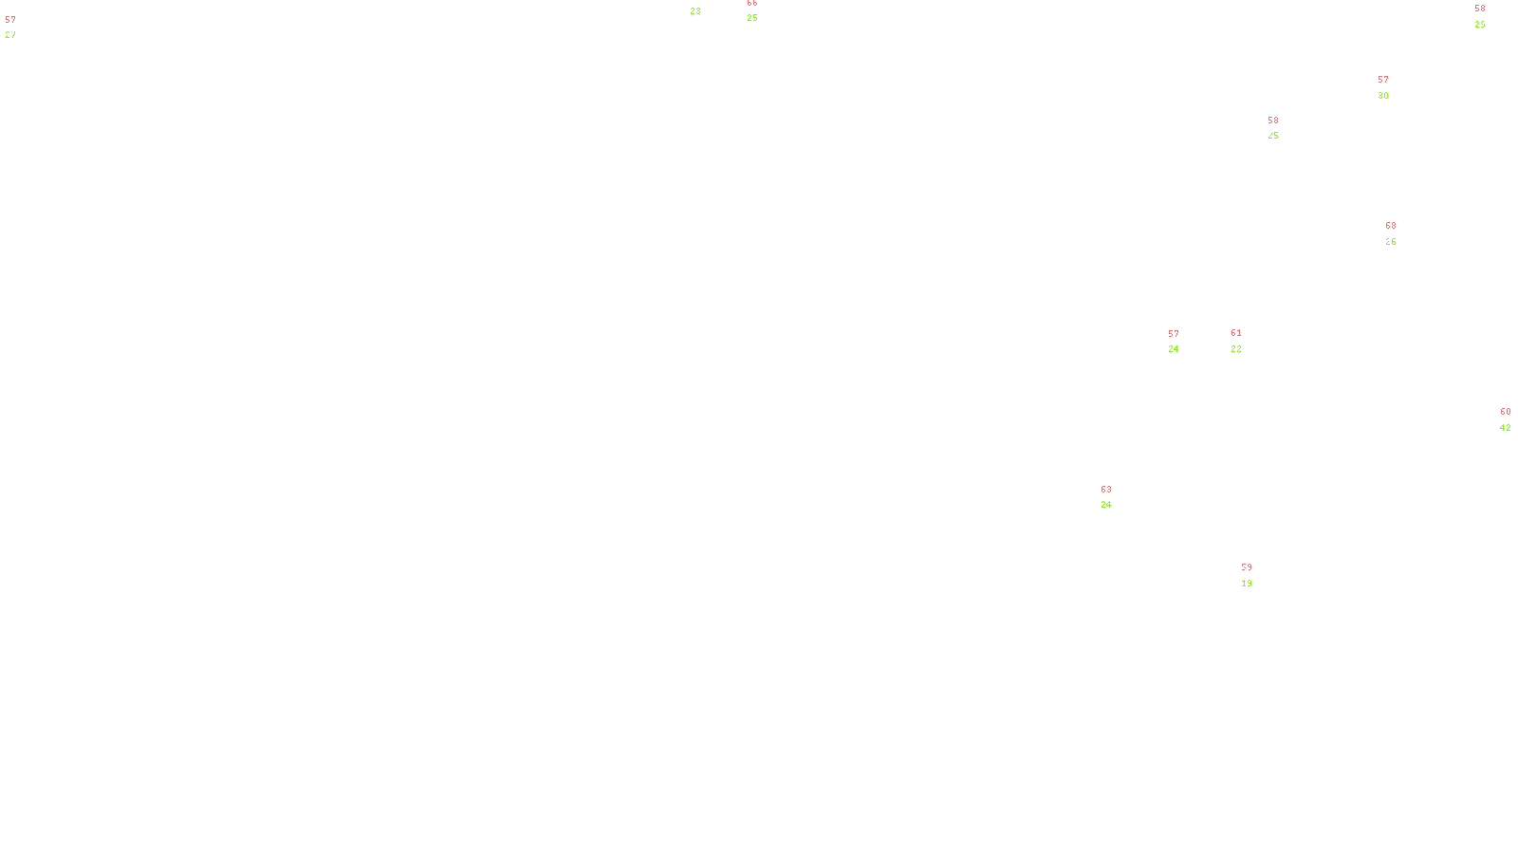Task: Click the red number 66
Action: [x=752, y=3]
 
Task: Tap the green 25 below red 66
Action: [x=752, y=18]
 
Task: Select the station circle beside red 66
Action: [x=762, y=10]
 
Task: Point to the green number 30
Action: [x=1383, y=96]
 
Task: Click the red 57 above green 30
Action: [x=1383, y=80]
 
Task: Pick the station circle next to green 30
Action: [x=1393, y=87]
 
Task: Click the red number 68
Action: [x=1391, y=226]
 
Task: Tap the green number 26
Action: [x=1391, y=242]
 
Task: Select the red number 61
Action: [x=1236, y=333]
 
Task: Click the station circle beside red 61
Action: [x=1245, y=341]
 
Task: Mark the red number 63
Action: [x=1106, y=490]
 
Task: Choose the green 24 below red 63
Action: [x=1106, y=505]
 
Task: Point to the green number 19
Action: [x=1247, y=584]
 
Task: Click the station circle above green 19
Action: [x=1257, y=575]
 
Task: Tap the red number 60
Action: [x=1506, y=412]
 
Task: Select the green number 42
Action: [x=1506, y=428]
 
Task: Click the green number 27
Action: [x=9, y=35]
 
